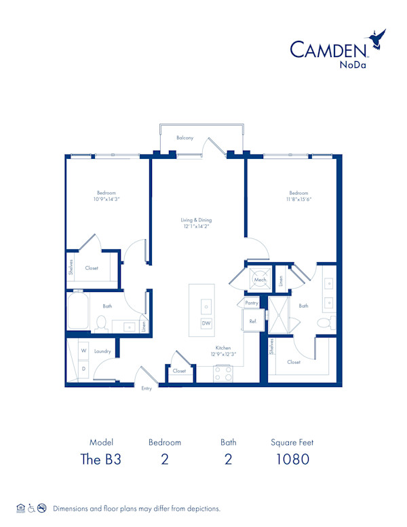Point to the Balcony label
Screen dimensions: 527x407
click(185, 138)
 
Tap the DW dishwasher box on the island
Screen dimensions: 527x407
click(206, 324)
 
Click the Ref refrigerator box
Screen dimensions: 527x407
click(252, 321)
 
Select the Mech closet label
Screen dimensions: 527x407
click(260, 280)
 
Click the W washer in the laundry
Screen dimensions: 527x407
click(83, 351)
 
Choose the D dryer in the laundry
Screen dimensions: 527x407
click(83, 369)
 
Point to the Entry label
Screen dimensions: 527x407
click(147, 388)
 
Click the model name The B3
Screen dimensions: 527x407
click(101, 459)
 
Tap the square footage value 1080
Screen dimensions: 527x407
click(292, 459)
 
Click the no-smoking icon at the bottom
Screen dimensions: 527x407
click(42, 508)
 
